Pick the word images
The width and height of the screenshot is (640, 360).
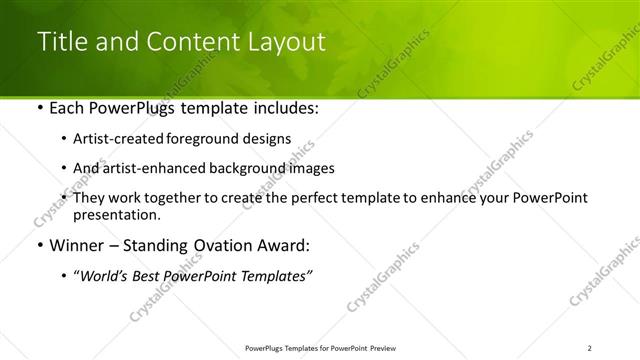tap(309, 168)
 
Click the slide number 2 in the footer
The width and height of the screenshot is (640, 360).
tap(591, 348)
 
